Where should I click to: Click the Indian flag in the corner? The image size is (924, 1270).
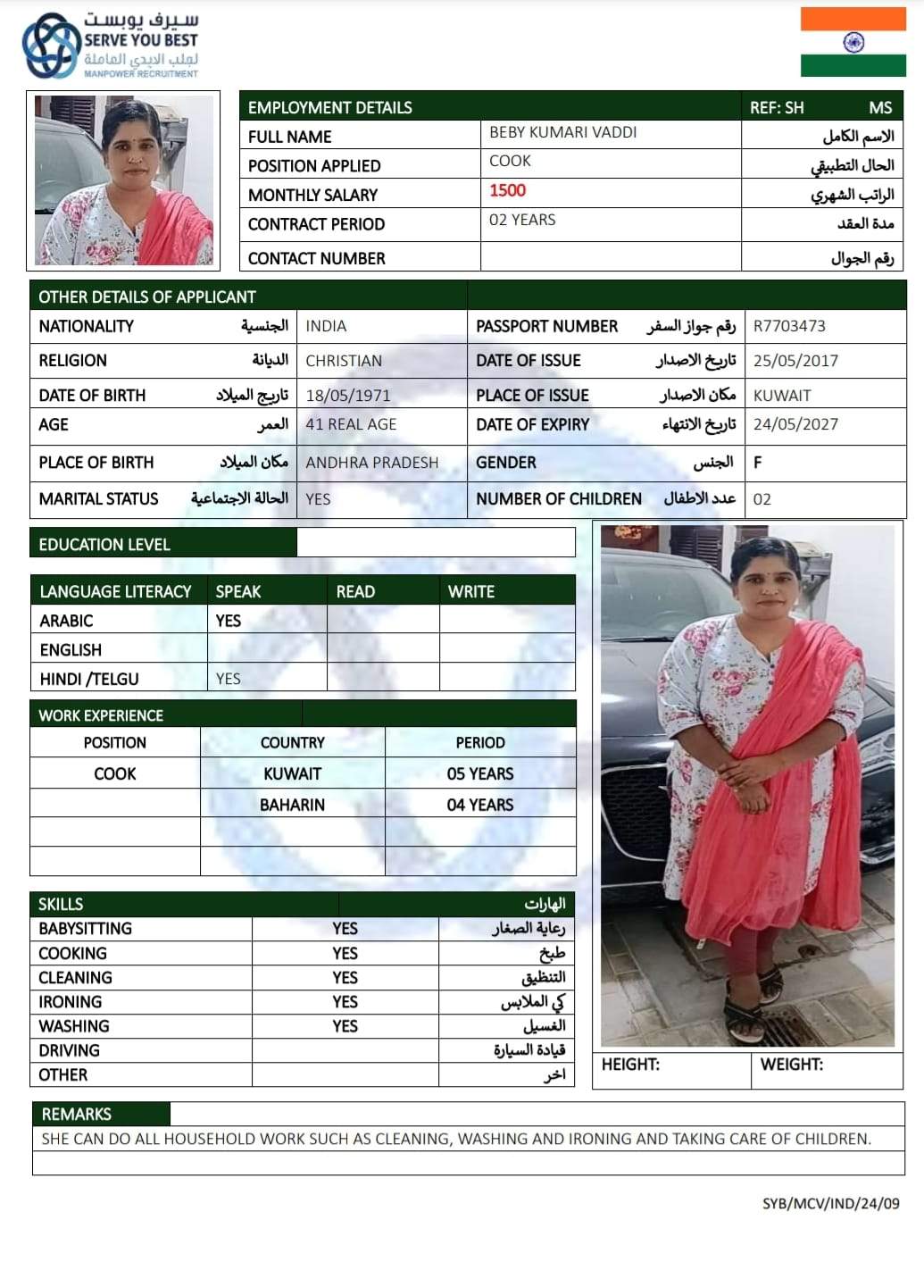click(x=853, y=42)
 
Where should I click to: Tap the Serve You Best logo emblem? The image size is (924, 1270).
click(x=52, y=46)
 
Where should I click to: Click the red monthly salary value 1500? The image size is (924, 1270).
click(x=507, y=190)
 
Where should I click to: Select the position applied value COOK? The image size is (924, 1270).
click(x=510, y=161)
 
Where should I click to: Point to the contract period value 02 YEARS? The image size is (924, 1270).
click(x=522, y=220)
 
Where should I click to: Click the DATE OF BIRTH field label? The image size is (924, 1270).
click(x=92, y=395)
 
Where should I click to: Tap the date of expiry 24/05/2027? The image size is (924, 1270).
click(x=795, y=424)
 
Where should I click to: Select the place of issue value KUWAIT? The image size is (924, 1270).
click(x=782, y=395)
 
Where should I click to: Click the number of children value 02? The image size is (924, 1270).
click(x=762, y=499)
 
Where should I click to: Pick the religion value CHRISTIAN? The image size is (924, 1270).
click(x=344, y=361)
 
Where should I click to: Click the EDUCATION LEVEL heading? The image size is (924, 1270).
click(x=104, y=544)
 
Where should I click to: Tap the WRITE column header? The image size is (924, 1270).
click(x=471, y=591)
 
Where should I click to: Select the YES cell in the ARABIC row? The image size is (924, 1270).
click(x=229, y=621)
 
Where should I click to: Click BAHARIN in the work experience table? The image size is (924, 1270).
click(x=292, y=805)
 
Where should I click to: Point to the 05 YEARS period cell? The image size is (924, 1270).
click(x=480, y=773)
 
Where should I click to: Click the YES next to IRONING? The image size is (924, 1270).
click(x=345, y=1002)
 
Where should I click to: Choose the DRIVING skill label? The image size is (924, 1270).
click(x=69, y=1050)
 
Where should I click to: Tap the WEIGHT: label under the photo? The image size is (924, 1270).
click(x=791, y=1065)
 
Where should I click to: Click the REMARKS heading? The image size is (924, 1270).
click(x=77, y=1114)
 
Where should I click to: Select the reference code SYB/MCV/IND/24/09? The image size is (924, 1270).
click(x=830, y=1203)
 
